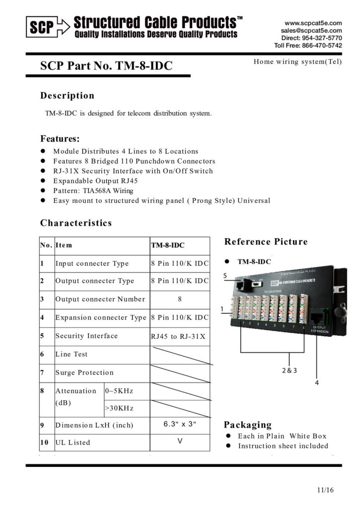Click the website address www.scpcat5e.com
click(x=313, y=23)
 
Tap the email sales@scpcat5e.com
click(x=311, y=30)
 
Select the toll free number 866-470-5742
click(x=321, y=45)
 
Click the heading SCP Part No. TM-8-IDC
click(x=106, y=65)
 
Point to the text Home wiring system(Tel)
click(x=297, y=62)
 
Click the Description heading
click(x=67, y=95)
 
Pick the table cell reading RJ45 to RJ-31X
click(x=178, y=336)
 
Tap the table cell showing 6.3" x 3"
click(x=180, y=424)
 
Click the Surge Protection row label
click(x=84, y=373)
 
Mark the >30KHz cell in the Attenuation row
click(x=119, y=408)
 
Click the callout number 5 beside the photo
click(x=225, y=275)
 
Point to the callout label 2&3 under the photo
click(x=289, y=370)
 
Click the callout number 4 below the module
click(x=316, y=382)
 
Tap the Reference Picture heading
click(x=266, y=242)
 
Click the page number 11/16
click(x=325, y=490)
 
